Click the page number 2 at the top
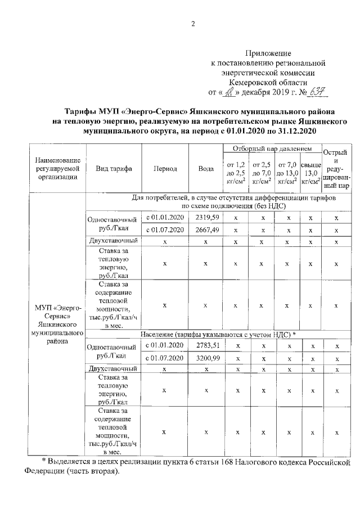(x=192, y=24)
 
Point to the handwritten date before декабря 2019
(x=230, y=92)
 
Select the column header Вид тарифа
(x=114, y=169)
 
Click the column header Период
(x=165, y=169)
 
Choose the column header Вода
(x=206, y=169)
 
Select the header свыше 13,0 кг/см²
(x=310, y=173)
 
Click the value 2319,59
(x=206, y=217)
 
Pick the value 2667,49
(x=206, y=229)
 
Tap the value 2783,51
(x=206, y=345)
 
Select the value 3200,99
(x=206, y=358)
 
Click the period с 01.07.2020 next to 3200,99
(x=165, y=358)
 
